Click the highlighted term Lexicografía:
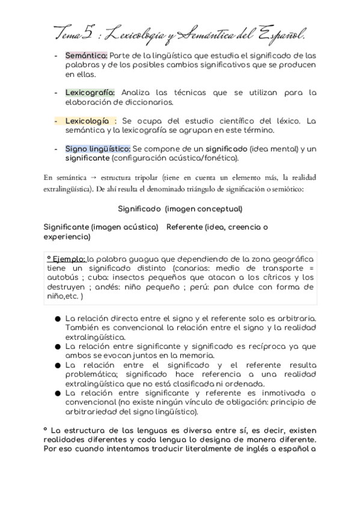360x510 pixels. (92, 93)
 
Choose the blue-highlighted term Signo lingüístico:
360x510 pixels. (98, 149)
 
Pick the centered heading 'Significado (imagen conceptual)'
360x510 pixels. (180, 209)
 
